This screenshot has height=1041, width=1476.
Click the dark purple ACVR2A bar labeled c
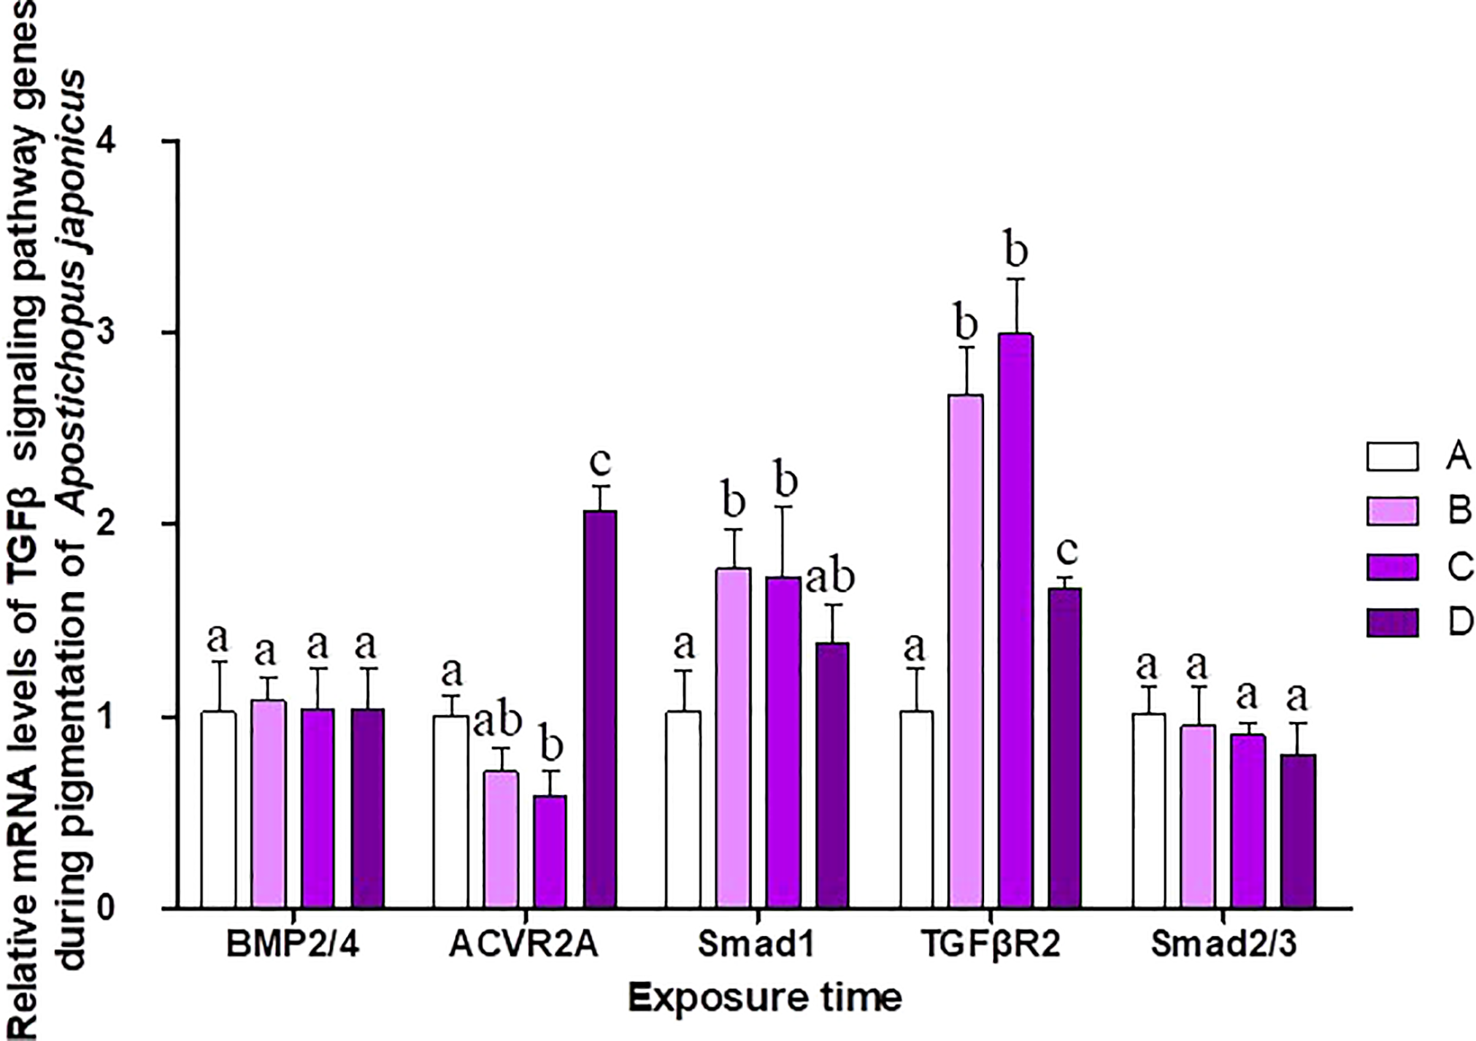click(599, 709)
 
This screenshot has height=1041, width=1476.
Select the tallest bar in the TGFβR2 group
click(1015, 621)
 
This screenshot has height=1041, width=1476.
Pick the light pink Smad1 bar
click(733, 737)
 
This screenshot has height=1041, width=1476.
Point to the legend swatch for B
click(1393, 511)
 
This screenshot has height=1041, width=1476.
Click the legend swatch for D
click(1393, 622)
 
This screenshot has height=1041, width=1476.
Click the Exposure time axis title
click(766, 997)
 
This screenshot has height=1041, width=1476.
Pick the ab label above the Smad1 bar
click(830, 577)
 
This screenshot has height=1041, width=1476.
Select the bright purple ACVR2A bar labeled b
click(550, 851)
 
